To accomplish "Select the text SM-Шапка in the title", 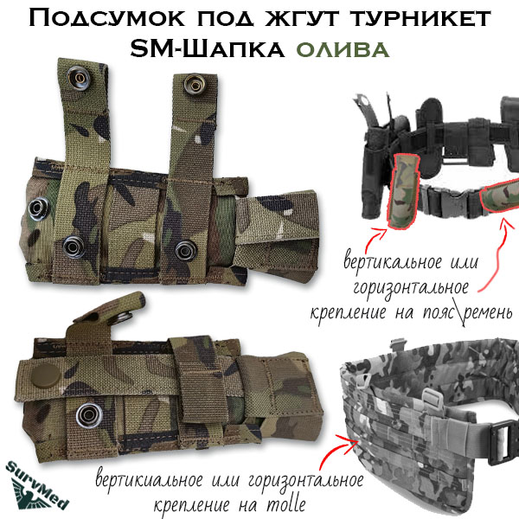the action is coord(208,49).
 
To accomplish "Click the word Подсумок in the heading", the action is coord(106,19).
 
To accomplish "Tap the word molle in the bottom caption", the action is coord(285,504).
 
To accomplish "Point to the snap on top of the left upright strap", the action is coord(80,78).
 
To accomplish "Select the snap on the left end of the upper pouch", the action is coord(40,208).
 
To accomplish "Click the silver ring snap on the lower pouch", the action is coord(89,415).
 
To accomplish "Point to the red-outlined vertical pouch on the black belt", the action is coord(403,191).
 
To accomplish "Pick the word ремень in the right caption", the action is coord(488,311).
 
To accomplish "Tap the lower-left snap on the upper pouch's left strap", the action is coord(74,247).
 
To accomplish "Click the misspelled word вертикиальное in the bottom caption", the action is coord(150,480).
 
